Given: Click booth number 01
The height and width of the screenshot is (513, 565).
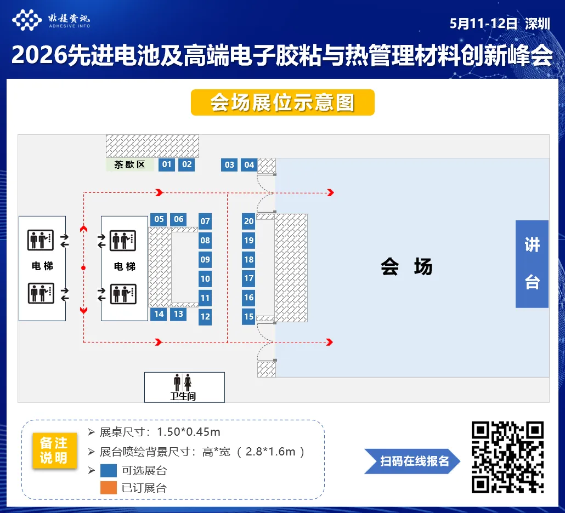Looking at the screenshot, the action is [x=167, y=164].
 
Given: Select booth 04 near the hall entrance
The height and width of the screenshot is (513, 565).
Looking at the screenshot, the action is [x=250, y=164].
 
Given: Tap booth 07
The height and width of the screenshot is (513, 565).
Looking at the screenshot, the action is [x=205, y=221].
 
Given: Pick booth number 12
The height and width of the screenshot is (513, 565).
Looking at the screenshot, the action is [x=205, y=316].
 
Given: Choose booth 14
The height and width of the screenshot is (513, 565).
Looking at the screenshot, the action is [x=159, y=314].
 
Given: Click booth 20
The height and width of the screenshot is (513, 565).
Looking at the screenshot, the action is [x=249, y=221].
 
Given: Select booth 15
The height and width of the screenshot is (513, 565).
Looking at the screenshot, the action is [x=249, y=316].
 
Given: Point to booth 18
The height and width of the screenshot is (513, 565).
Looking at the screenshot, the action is [x=249, y=259].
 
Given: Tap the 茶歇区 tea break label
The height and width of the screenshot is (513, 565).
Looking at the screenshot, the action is [x=130, y=164].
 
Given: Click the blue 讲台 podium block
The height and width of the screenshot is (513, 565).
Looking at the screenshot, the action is [x=532, y=264].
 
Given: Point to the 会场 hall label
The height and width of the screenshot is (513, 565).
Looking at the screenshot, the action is [x=406, y=267].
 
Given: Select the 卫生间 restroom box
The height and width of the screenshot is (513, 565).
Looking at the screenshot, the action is [x=184, y=387].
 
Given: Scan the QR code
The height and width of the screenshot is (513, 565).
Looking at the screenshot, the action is [x=507, y=457].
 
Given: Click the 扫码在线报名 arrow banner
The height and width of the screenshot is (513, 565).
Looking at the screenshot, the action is [x=413, y=461].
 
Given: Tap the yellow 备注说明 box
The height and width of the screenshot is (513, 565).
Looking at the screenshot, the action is [x=54, y=451].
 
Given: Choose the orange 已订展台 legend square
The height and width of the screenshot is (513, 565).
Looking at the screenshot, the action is [x=109, y=487].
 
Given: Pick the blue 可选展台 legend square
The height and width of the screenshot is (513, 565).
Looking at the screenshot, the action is [x=109, y=470].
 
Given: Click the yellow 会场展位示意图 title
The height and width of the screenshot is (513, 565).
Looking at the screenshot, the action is [x=282, y=102].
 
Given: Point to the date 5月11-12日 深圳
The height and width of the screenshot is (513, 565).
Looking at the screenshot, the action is [x=499, y=24].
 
